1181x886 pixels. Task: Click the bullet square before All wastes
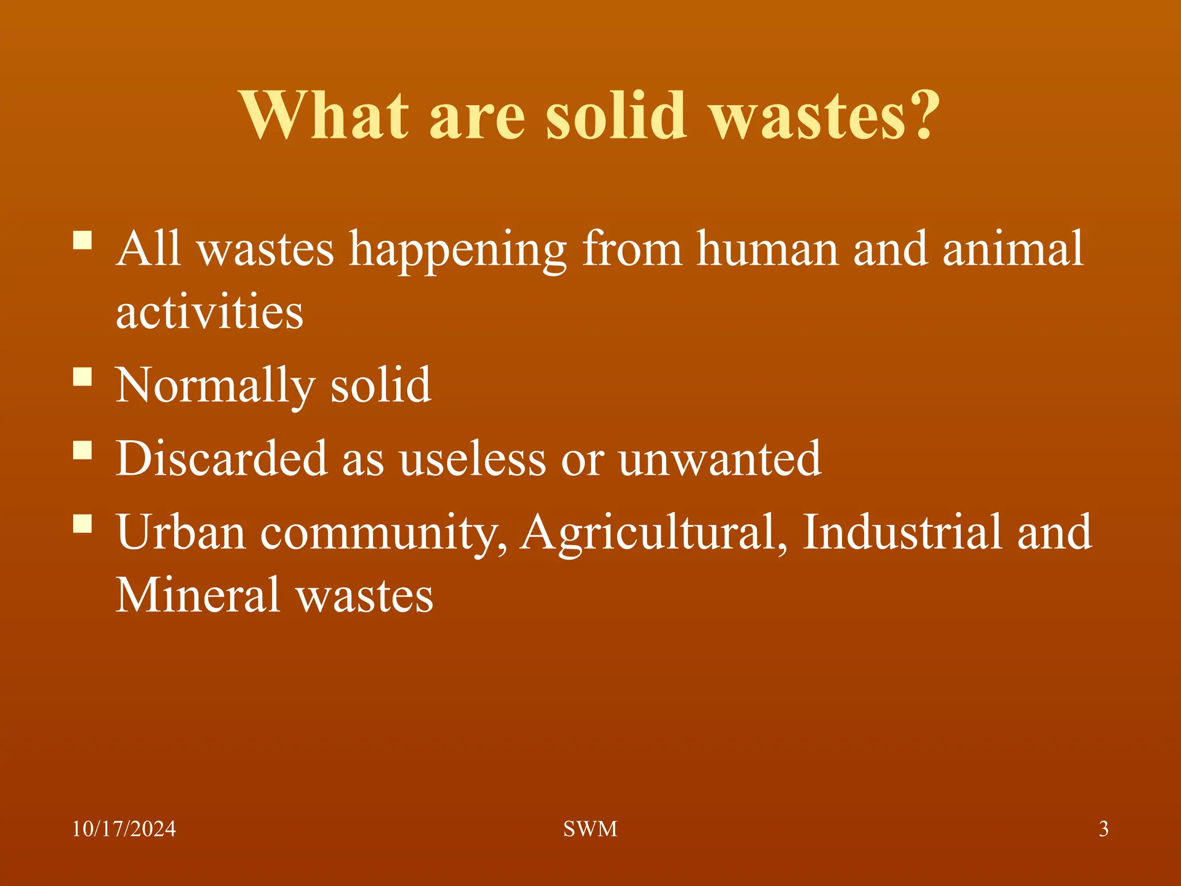(83, 240)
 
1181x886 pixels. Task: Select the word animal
(1013, 249)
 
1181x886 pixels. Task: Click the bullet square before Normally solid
(83, 377)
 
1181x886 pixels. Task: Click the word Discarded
(222, 459)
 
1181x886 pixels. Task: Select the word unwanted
(720, 459)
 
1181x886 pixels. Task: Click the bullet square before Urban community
(83, 523)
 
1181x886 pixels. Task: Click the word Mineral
(198, 595)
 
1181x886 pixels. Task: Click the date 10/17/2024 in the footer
(124, 829)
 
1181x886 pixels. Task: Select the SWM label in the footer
(590, 829)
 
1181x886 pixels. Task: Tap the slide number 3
(1103, 829)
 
